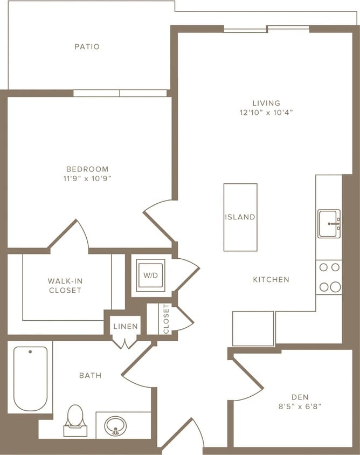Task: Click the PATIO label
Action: pyautogui.click(x=87, y=47)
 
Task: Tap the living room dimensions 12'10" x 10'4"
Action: pyautogui.click(x=266, y=113)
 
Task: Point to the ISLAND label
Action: pyautogui.click(x=240, y=217)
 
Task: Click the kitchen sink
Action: pyautogui.click(x=329, y=224)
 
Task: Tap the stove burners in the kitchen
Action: pyautogui.click(x=329, y=277)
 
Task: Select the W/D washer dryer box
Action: pyautogui.click(x=150, y=275)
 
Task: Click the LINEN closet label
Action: pyautogui.click(x=126, y=327)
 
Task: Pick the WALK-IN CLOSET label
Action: pyautogui.click(x=65, y=286)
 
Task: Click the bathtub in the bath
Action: pyautogui.click(x=30, y=378)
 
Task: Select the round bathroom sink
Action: pyautogui.click(x=114, y=425)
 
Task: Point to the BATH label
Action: pyautogui.click(x=90, y=375)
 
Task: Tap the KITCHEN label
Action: pyautogui.click(x=271, y=280)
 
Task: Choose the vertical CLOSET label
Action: pyautogui.click(x=166, y=319)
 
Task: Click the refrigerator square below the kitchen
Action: pyautogui.click(x=253, y=328)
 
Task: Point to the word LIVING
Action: pyautogui.click(x=266, y=103)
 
